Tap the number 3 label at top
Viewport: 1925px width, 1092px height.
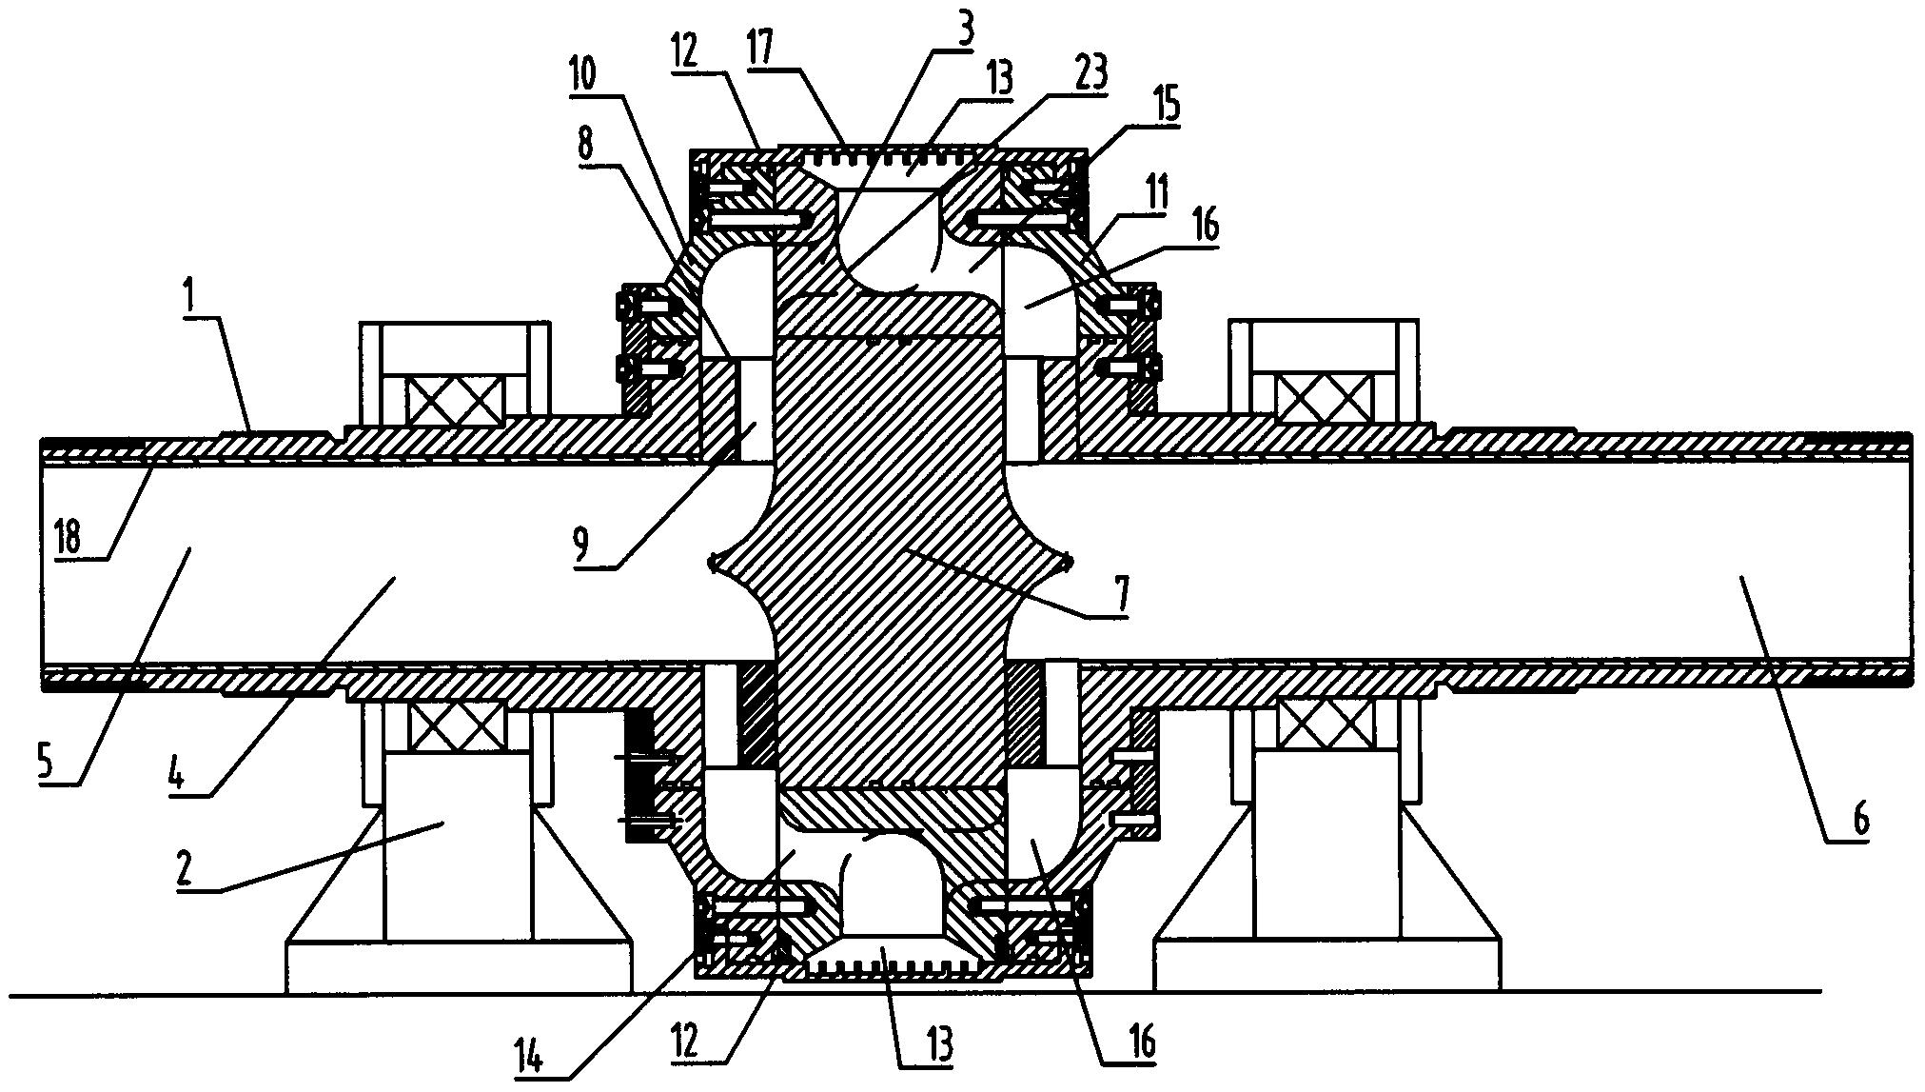[964, 33]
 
